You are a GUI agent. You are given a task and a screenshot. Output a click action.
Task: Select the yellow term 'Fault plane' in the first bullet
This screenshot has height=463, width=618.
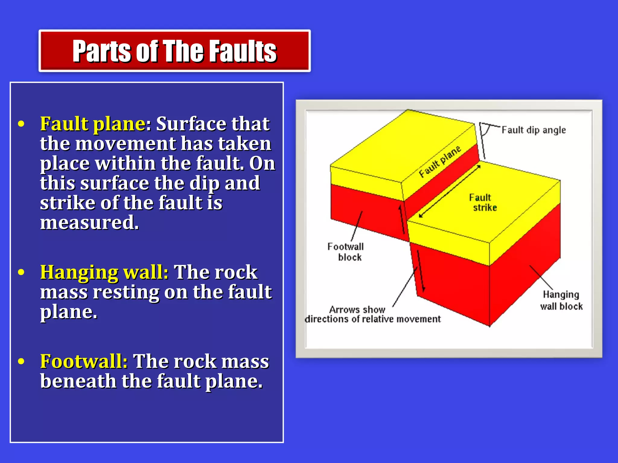click(x=93, y=124)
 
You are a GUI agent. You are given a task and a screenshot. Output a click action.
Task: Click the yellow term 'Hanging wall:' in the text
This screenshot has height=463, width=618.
click(x=104, y=272)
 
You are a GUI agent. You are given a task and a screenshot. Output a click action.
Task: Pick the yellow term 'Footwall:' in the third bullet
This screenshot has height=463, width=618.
click(x=84, y=361)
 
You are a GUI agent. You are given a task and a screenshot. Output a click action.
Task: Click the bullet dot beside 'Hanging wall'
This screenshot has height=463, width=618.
click(x=21, y=272)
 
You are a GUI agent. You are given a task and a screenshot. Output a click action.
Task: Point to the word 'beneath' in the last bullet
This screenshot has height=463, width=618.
click(x=78, y=381)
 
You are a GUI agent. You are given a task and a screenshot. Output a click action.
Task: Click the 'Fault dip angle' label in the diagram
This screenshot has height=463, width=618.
click(x=534, y=130)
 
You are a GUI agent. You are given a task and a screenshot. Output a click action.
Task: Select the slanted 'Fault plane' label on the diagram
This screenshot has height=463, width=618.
click(x=440, y=162)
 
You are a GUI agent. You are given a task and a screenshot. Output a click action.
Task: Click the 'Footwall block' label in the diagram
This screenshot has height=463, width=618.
click(x=346, y=252)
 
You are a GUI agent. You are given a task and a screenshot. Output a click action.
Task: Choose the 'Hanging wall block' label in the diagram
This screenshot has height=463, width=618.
click(x=561, y=300)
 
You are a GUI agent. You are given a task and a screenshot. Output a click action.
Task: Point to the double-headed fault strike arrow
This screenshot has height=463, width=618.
click(x=450, y=191)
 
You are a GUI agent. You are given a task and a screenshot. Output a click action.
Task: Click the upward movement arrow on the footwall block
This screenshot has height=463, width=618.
click(x=402, y=219)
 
